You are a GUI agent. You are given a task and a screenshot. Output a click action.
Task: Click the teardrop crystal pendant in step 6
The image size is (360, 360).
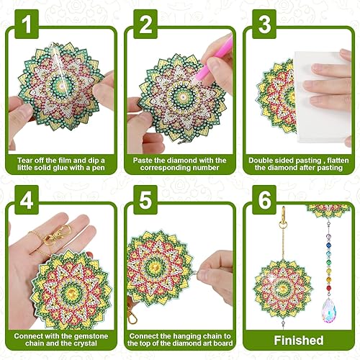click(x=336, y=302)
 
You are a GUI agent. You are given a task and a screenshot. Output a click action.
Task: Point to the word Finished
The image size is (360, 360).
click(x=297, y=341)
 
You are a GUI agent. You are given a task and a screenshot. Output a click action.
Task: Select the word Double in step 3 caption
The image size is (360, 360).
click(x=264, y=160)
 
